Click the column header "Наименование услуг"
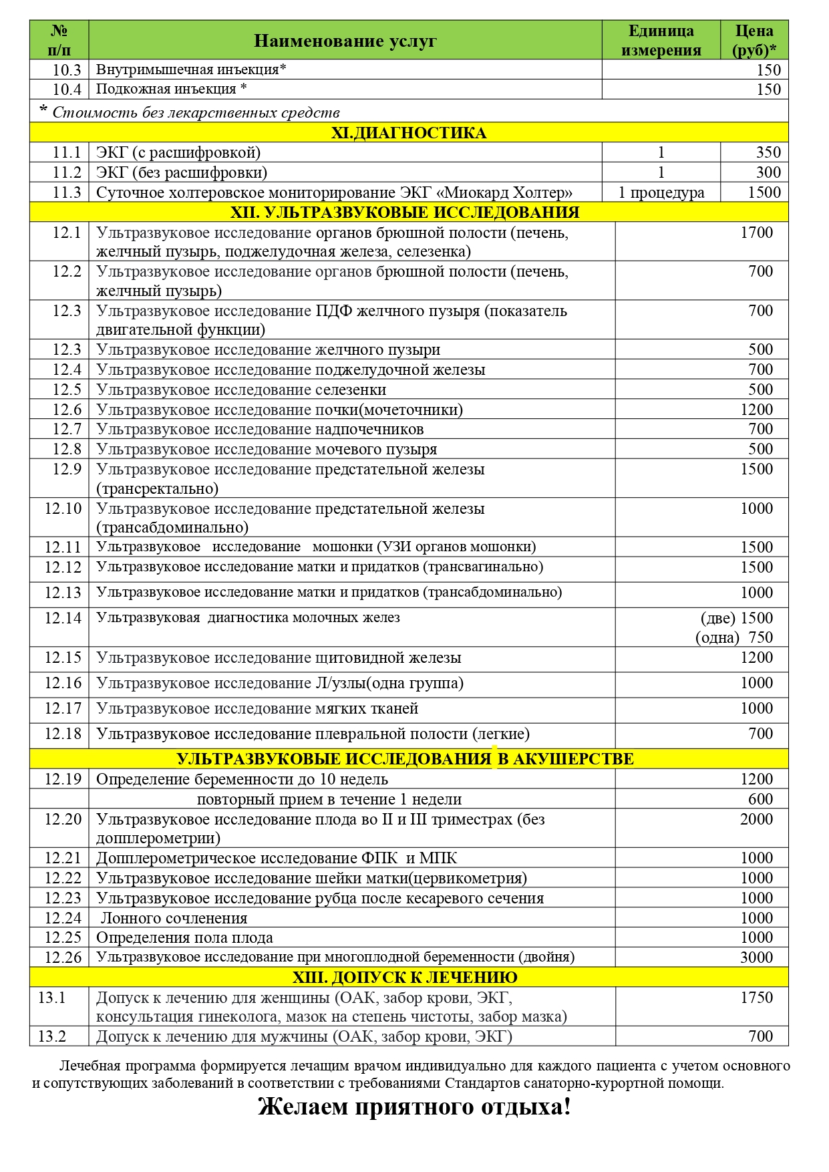[x=345, y=41]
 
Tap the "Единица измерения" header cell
[x=661, y=41]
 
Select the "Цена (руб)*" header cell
[x=754, y=41]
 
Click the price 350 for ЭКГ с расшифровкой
[x=768, y=152]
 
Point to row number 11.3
[x=67, y=192]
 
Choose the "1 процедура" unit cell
[x=661, y=192]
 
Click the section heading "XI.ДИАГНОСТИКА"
[x=409, y=132]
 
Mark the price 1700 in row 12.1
[x=756, y=233]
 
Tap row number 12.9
[x=67, y=469]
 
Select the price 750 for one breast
[x=760, y=637]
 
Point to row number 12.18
[x=63, y=734]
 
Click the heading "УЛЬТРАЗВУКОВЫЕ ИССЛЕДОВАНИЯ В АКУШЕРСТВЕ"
[x=405, y=759]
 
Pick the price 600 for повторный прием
[x=760, y=799]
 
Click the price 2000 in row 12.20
[x=756, y=819]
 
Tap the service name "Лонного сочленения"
[x=174, y=918]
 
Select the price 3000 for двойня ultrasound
[x=756, y=958]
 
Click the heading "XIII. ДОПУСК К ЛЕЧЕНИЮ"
[x=405, y=978]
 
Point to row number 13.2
[x=52, y=1036]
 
